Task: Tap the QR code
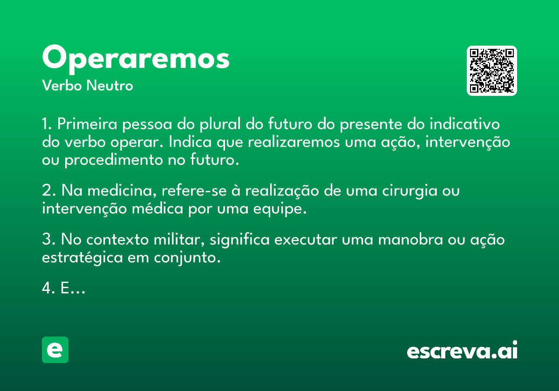click(x=491, y=71)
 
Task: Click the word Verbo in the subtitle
click(x=62, y=85)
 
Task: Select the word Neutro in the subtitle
click(x=109, y=85)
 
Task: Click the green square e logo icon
click(x=55, y=350)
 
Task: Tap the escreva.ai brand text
click(x=462, y=350)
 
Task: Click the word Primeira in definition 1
click(x=87, y=124)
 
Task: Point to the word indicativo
click(x=465, y=124)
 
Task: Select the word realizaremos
click(x=294, y=142)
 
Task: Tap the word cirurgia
click(x=410, y=191)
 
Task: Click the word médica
click(x=157, y=208)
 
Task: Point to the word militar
click(x=180, y=239)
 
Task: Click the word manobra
click(x=410, y=239)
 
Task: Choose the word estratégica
click(x=82, y=258)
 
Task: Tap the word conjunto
click(x=187, y=258)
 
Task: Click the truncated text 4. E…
click(x=64, y=288)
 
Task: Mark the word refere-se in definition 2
click(x=194, y=191)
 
